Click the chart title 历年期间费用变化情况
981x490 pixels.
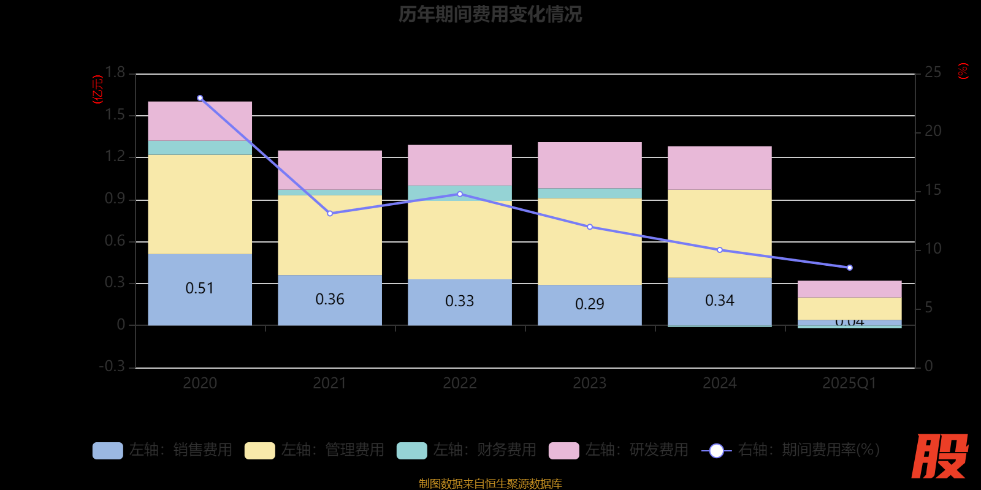coord(490,14)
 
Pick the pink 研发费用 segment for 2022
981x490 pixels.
coord(460,165)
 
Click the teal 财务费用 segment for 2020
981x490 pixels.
coord(200,148)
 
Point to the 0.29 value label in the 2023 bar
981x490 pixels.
coord(590,304)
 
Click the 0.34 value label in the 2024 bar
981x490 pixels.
coord(719,300)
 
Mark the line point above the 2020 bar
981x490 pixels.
coord(200,98)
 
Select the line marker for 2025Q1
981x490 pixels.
coord(849,268)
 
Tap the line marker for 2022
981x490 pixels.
coord(460,194)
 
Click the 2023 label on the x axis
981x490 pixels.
coord(590,383)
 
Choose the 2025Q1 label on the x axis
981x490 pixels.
coord(849,383)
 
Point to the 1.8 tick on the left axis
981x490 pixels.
coord(115,73)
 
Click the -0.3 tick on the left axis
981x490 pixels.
coord(112,366)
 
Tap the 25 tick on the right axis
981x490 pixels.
coord(933,73)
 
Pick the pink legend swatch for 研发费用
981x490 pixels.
coord(563,451)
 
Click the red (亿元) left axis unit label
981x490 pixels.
coord(97,89)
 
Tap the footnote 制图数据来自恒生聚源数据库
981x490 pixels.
coord(490,484)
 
